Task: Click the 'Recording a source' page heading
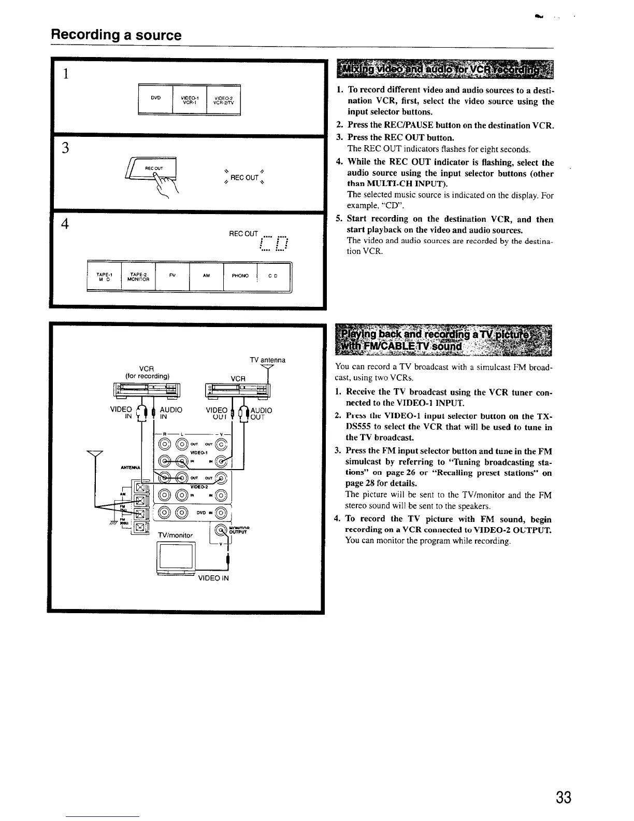pyautogui.click(x=116, y=35)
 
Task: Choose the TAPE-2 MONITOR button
pyautogui.click(x=138, y=277)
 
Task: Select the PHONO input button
pyautogui.click(x=240, y=276)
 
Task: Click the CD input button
pyautogui.click(x=272, y=276)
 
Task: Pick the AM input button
pyautogui.click(x=206, y=276)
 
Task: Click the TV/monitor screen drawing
pyautogui.click(x=177, y=556)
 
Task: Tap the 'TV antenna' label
pyautogui.click(x=267, y=360)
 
